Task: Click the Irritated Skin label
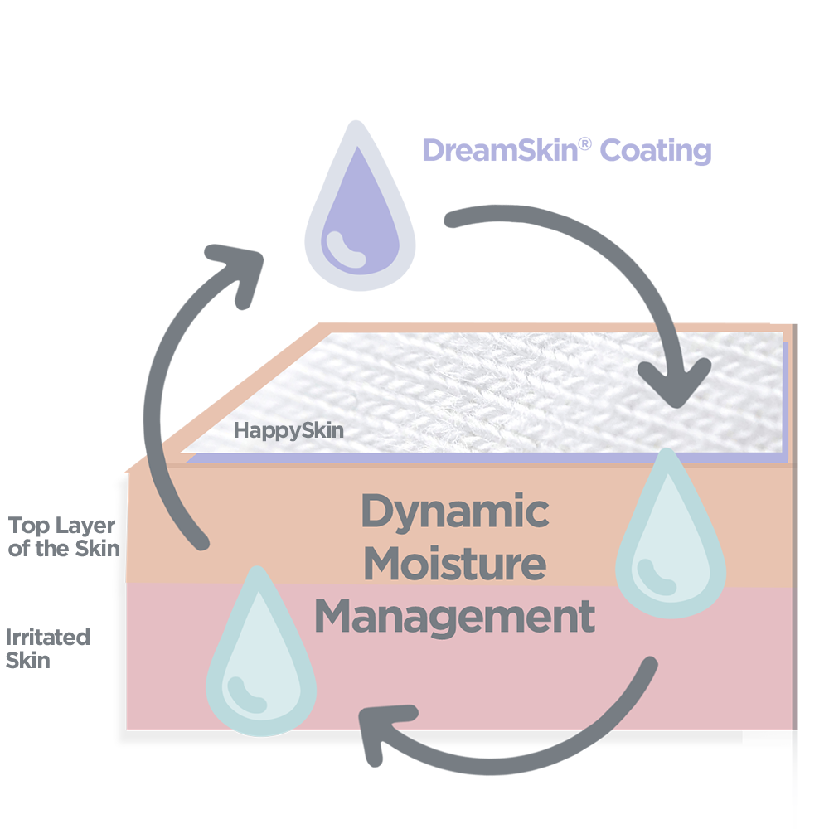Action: click(47, 648)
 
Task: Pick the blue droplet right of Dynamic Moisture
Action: click(671, 539)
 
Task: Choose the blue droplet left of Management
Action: click(260, 655)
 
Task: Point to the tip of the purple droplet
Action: click(360, 150)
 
